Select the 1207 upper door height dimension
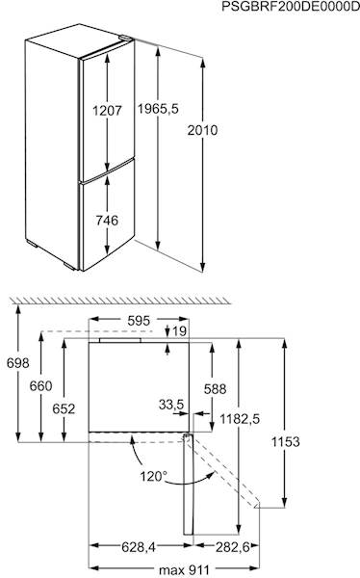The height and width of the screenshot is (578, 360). (107, 110)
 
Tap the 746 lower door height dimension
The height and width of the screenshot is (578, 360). (107, 221)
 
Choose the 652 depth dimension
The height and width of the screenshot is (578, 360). (63, 408)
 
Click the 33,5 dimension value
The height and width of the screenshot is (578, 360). (172, 406)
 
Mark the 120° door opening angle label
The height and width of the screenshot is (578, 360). (152, 475)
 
